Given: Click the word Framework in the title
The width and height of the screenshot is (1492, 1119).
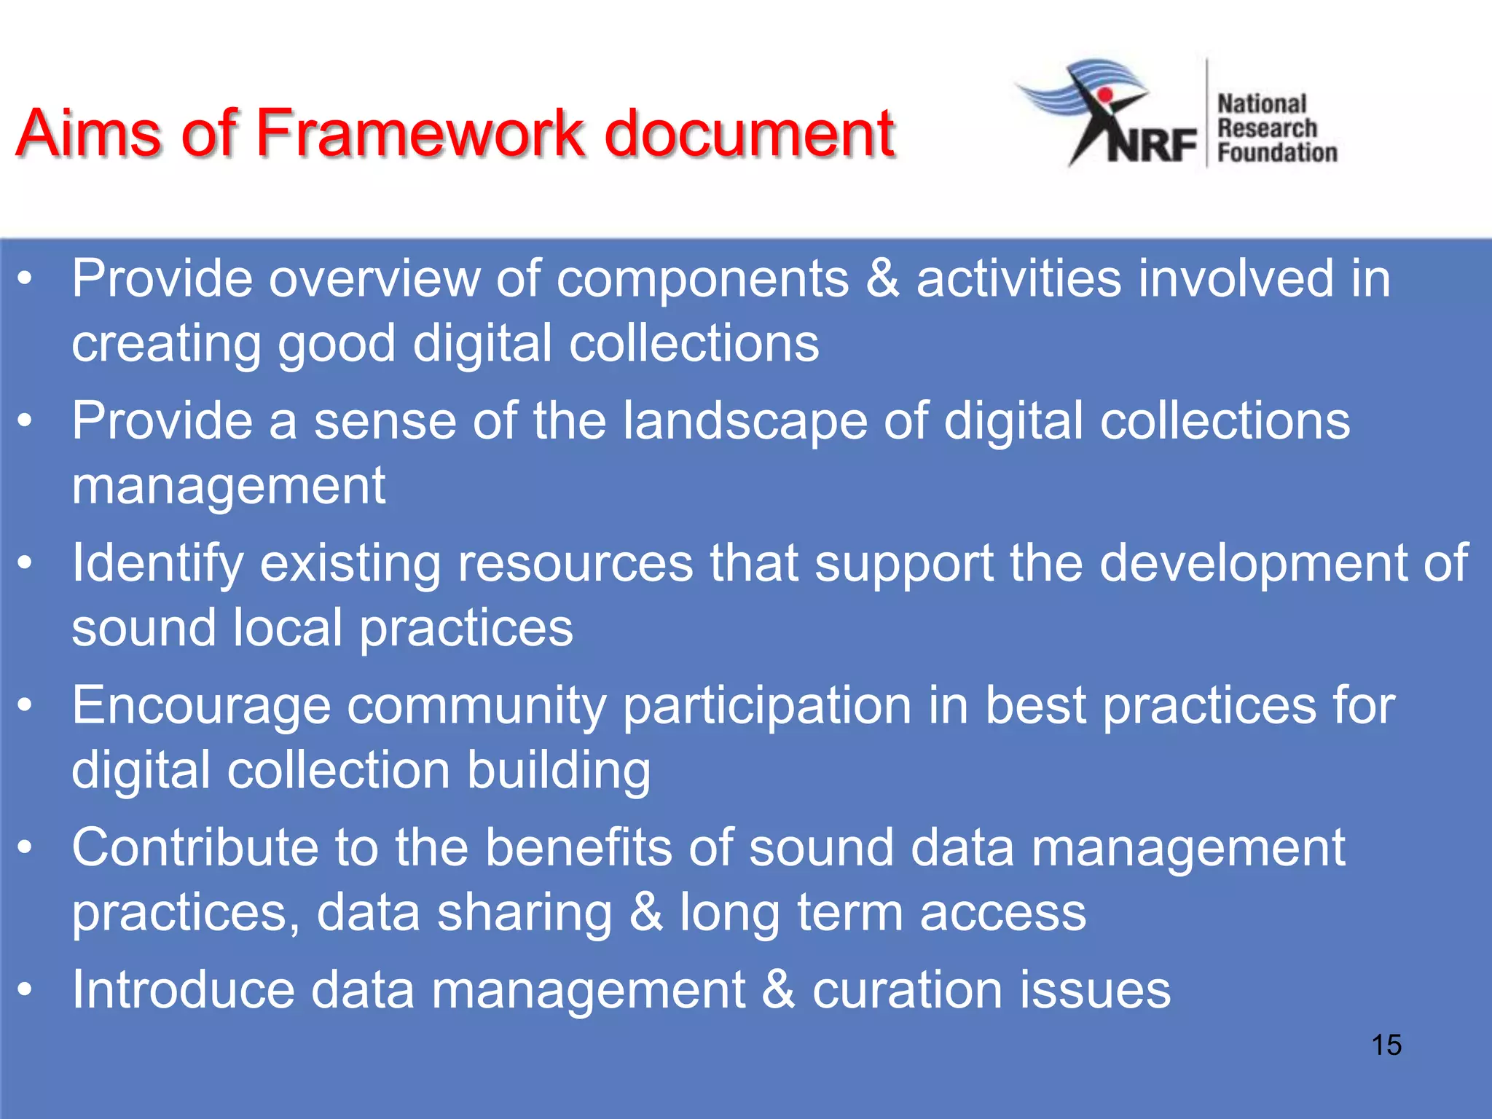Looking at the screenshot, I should tap(420, 133).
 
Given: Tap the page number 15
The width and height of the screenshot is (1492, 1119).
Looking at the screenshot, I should tap(1386, 1045).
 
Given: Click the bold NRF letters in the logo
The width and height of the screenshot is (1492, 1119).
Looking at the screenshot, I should tap(1152, 144).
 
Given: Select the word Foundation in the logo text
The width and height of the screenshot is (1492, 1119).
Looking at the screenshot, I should tap(1277, 152).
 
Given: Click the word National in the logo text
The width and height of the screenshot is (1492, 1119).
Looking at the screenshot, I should tap(1262, 104).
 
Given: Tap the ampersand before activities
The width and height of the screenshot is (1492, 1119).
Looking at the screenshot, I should tap(882, 278).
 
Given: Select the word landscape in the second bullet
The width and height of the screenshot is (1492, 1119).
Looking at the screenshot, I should tap(745, 421).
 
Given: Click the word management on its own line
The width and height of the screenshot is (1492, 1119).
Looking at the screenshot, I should tap(228, 485).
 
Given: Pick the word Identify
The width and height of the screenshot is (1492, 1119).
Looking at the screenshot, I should tap(157, 563).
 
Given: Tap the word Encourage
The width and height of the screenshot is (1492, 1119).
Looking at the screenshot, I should tap(201, 706).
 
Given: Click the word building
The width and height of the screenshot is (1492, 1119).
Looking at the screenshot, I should tap(558, 770).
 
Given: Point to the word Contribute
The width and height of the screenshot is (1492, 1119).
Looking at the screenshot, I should tap(195, 847).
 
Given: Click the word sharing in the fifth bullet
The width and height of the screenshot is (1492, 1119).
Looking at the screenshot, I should tap(524, 912).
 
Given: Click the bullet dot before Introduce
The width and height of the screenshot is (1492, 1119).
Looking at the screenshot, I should tap(25, 990).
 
